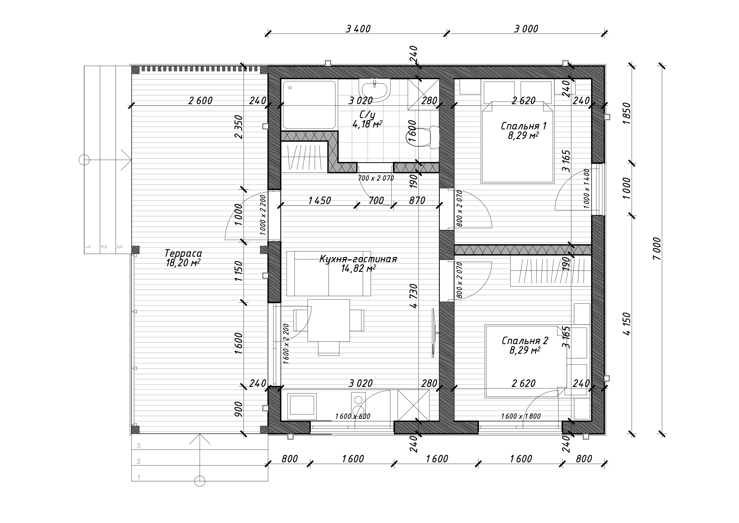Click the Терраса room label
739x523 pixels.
tap(183, 253)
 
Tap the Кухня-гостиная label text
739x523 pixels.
tap(358, 259)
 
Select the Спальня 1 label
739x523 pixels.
tap(524, 126)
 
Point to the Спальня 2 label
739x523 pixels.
tap(525, 340)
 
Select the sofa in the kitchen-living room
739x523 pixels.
tap(329, 273)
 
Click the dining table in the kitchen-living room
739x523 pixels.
tap(329, 320)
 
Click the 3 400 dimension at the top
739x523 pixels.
tap(358, 29)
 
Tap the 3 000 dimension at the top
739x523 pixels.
tap(526, 29)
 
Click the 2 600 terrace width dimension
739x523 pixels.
tap(200, 101)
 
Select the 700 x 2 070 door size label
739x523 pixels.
tap(376, 178)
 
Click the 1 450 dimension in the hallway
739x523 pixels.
tap(319, 201)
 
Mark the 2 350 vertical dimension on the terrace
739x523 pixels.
tap(239, 126)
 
